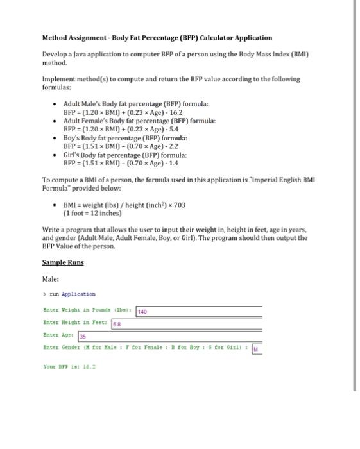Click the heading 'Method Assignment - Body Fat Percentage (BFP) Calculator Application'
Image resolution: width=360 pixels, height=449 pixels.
coord(157,38)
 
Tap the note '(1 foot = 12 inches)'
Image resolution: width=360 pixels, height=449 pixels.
coord(92,213)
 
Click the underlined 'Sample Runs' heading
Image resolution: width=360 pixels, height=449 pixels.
coord(63,262)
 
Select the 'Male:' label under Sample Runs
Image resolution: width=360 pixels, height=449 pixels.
coord(51,279)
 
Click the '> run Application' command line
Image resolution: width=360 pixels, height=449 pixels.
coord(69,294)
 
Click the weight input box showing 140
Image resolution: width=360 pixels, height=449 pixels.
coord(198,311)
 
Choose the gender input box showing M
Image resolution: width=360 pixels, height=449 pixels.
coord(257,349)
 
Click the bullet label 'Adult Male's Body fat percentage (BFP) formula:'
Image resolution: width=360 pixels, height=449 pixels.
coord(135,103)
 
